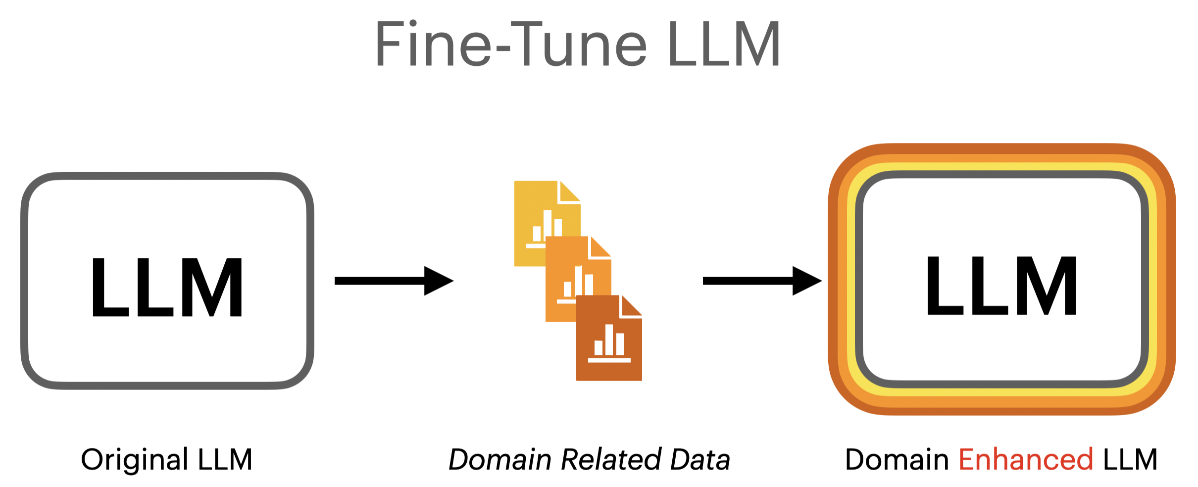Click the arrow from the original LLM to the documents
click(x=394, y=281)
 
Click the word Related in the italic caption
click(x=611, y=459)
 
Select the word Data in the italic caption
click(x=700, y=459)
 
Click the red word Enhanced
click(x=1026, y=460)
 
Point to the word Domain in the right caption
click(x=897, y=459)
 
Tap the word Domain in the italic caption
click(x=500, y=459)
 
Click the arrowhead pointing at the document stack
click(x=438, y=281)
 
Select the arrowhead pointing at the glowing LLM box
click(x=806, y=281)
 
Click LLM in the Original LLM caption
click(x=225, y=459)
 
